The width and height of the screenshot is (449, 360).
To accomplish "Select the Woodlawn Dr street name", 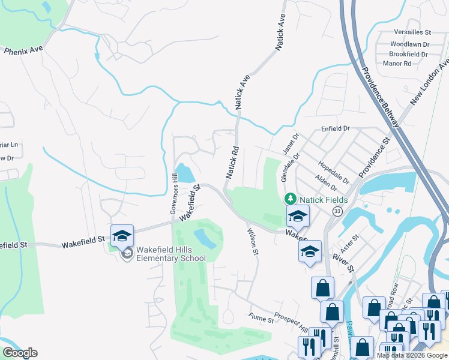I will tap(410, 44).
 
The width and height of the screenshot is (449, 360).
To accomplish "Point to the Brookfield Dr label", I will tap(408, 54).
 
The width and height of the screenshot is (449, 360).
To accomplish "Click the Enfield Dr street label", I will tap(335, 128).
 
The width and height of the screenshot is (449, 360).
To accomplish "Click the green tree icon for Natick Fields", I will tap(290, 198).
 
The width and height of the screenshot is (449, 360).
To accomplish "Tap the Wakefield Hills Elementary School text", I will tap(170, 254).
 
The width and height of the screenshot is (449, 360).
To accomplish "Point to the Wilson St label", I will tap(252, 242).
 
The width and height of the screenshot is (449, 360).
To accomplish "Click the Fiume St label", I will tap(261, 320).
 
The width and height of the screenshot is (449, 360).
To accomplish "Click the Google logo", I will tap(19, 353).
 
